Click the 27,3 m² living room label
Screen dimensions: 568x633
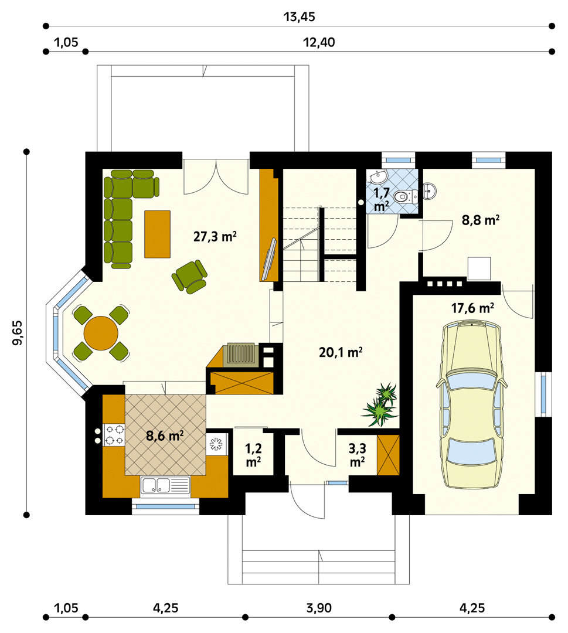coord(215,236)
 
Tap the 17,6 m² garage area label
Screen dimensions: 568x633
coord(472,308)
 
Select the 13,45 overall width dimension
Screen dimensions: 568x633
coord(299,17)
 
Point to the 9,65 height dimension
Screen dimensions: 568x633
coord(18,333)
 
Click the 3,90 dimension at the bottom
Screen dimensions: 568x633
coord(319,608)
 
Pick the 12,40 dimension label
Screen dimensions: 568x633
coord(319,42)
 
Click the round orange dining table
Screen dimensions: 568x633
coord(101,333)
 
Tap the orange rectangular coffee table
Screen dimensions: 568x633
coord(158,234)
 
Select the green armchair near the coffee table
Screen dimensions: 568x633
coord(190,277)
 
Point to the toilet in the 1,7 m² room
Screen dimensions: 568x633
coord(405,197)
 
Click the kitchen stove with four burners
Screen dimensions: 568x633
coord(114,435)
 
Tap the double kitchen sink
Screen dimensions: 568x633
coord(165,485)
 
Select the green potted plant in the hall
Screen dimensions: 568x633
coord(380,405)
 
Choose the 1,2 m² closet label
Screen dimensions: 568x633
coord(254,455)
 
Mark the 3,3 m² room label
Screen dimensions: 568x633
coord(357,455)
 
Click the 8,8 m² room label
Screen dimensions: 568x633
coord(481,220)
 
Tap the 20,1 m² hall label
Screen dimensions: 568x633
coord(341,352)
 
